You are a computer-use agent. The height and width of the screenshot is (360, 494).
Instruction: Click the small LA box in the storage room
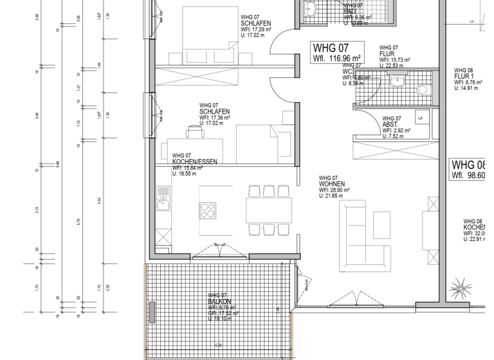click(x=421, y=119)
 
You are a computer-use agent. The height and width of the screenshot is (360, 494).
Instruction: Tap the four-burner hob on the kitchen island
click(x=210, y=210)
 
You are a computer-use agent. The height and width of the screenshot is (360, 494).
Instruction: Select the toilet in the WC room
click(x=423, y=89)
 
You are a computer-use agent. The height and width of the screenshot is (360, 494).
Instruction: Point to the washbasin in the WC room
click(x=398, y=82)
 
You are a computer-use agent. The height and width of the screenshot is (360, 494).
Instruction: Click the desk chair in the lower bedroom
click(x=195, y=132)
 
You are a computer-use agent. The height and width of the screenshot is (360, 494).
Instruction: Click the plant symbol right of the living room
click(x=461, y=284)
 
